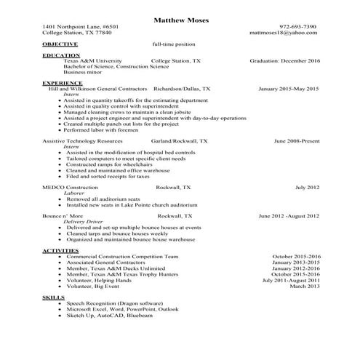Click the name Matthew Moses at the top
coord(182,20)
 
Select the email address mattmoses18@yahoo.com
coord(293,33)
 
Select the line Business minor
coord(82,73)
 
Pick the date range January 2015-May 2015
coord(289,89)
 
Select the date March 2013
coord(305,286)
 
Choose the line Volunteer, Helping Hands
coord(99,280)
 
